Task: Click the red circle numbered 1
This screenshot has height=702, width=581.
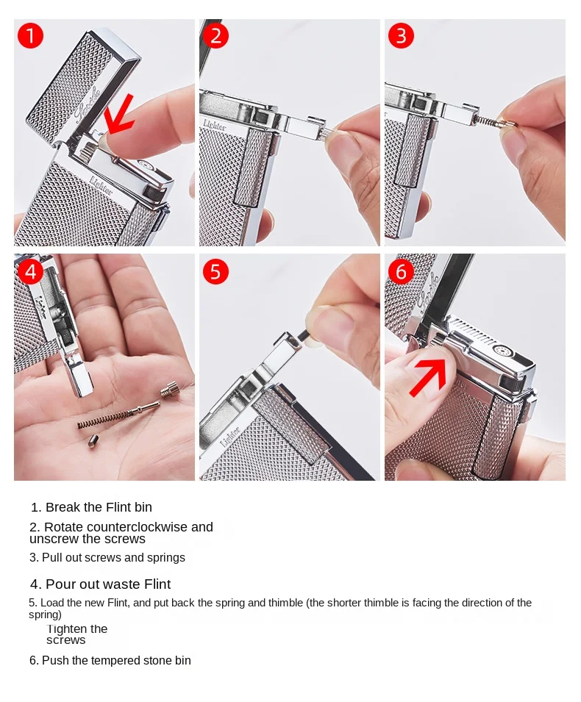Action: [x=30, y=36]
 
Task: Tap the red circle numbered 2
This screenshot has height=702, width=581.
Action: [x=215, y=36]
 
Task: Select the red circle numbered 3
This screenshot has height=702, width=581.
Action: [x=401, y=36]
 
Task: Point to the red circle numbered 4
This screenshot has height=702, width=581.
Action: [x=30, y=271]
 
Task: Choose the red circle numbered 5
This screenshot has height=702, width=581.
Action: [x=215, y=271]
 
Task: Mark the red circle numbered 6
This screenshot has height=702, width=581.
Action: [x=401, y=271]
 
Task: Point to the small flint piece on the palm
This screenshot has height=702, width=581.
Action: [x=93, y=442]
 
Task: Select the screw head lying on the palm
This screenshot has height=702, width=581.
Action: [x=169, y=389]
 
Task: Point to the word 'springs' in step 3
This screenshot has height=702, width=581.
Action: [x=168, y=558]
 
